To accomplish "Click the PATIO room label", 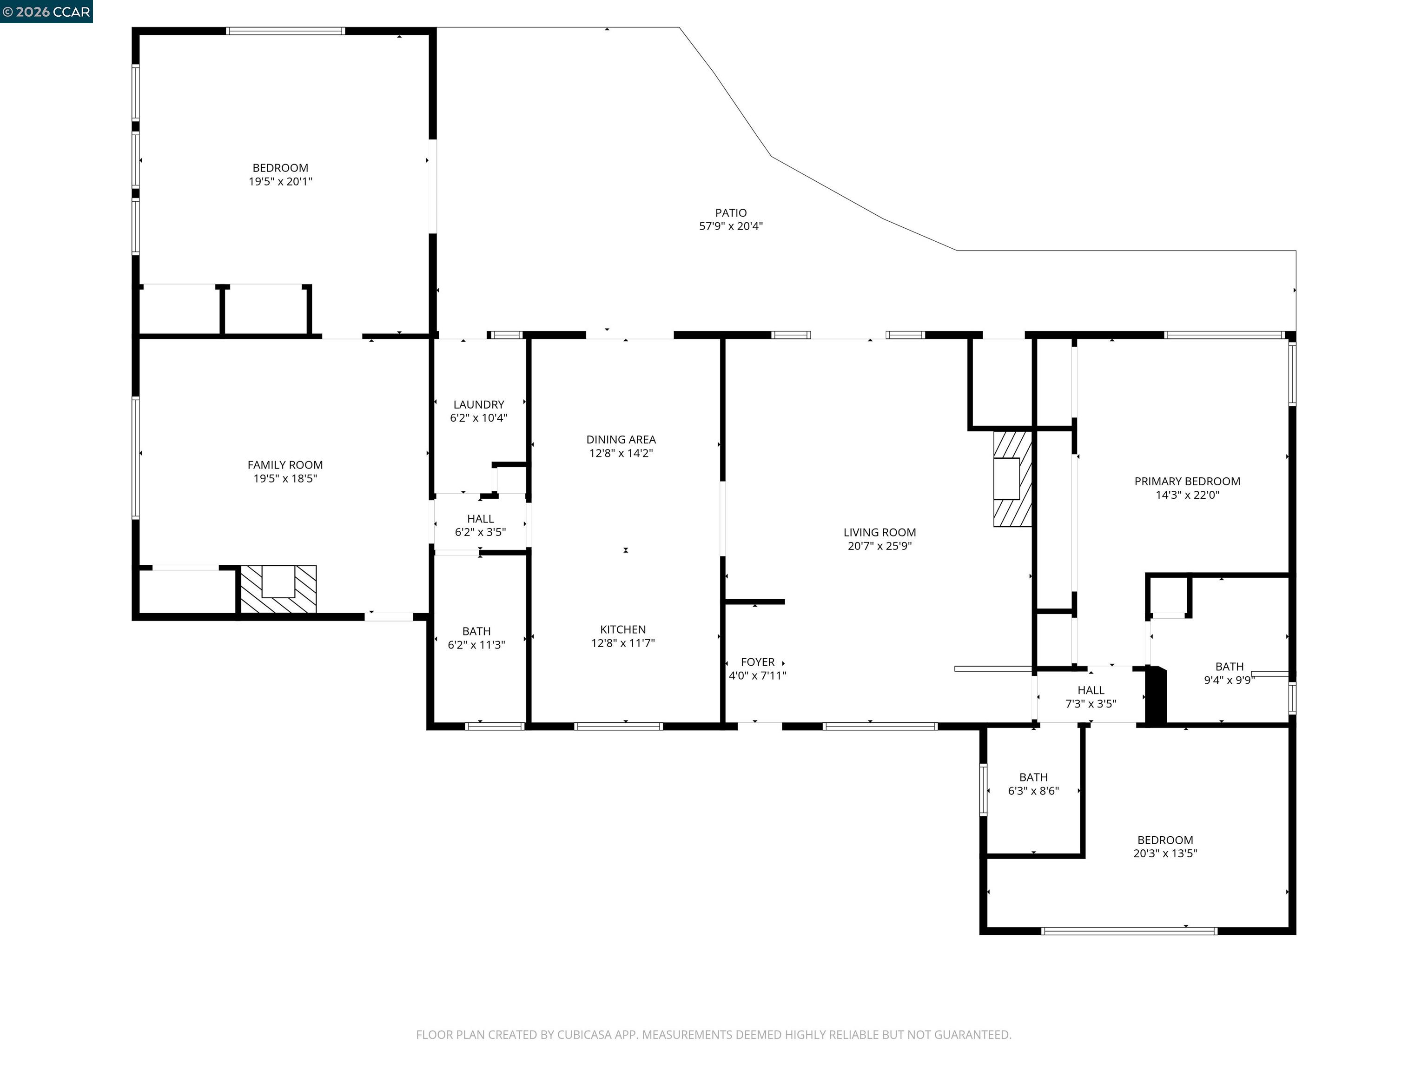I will tap(731, 212).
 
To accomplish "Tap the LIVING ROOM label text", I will tap(879, 532).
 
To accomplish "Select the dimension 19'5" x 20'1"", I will tap(280, 181).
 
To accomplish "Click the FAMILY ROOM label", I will tap(284, 465).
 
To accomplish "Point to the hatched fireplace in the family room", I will tap(278, 589).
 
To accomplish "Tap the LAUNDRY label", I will tap(478, 404).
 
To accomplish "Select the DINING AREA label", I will tap(621, 439).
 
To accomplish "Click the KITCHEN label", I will tap(622, 629).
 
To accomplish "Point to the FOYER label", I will tap(757, 662).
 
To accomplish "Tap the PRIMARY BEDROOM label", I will tap(1187, 481).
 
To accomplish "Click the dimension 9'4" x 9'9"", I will tap(1229, 680).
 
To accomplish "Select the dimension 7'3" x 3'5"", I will tap(1091, 704).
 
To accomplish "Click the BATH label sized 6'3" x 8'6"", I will tap(1033, 777).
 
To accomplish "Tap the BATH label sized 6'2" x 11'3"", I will tap(476, 631).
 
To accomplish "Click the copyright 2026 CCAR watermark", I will tap(46, 12).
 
